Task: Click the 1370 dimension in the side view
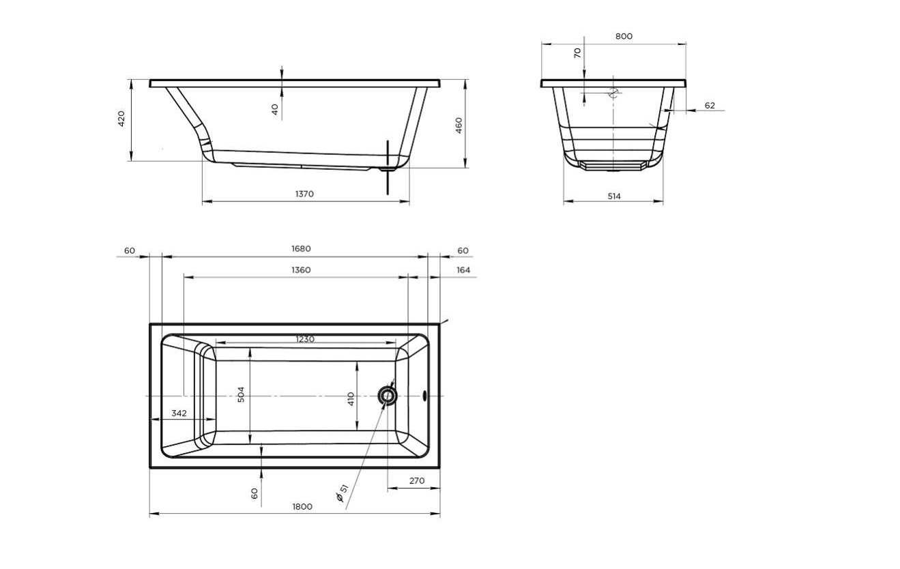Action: (304, 194)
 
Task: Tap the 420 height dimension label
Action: (121, 119)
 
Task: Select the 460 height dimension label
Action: (459, 126)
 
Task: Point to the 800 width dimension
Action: (624, 36)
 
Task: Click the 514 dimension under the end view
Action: (614, 196)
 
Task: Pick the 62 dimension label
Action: (710, 105)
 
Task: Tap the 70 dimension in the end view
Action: (577, 53)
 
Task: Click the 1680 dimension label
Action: (301, 249)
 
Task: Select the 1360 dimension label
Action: (301, 270)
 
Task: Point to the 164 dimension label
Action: (463, 270)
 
